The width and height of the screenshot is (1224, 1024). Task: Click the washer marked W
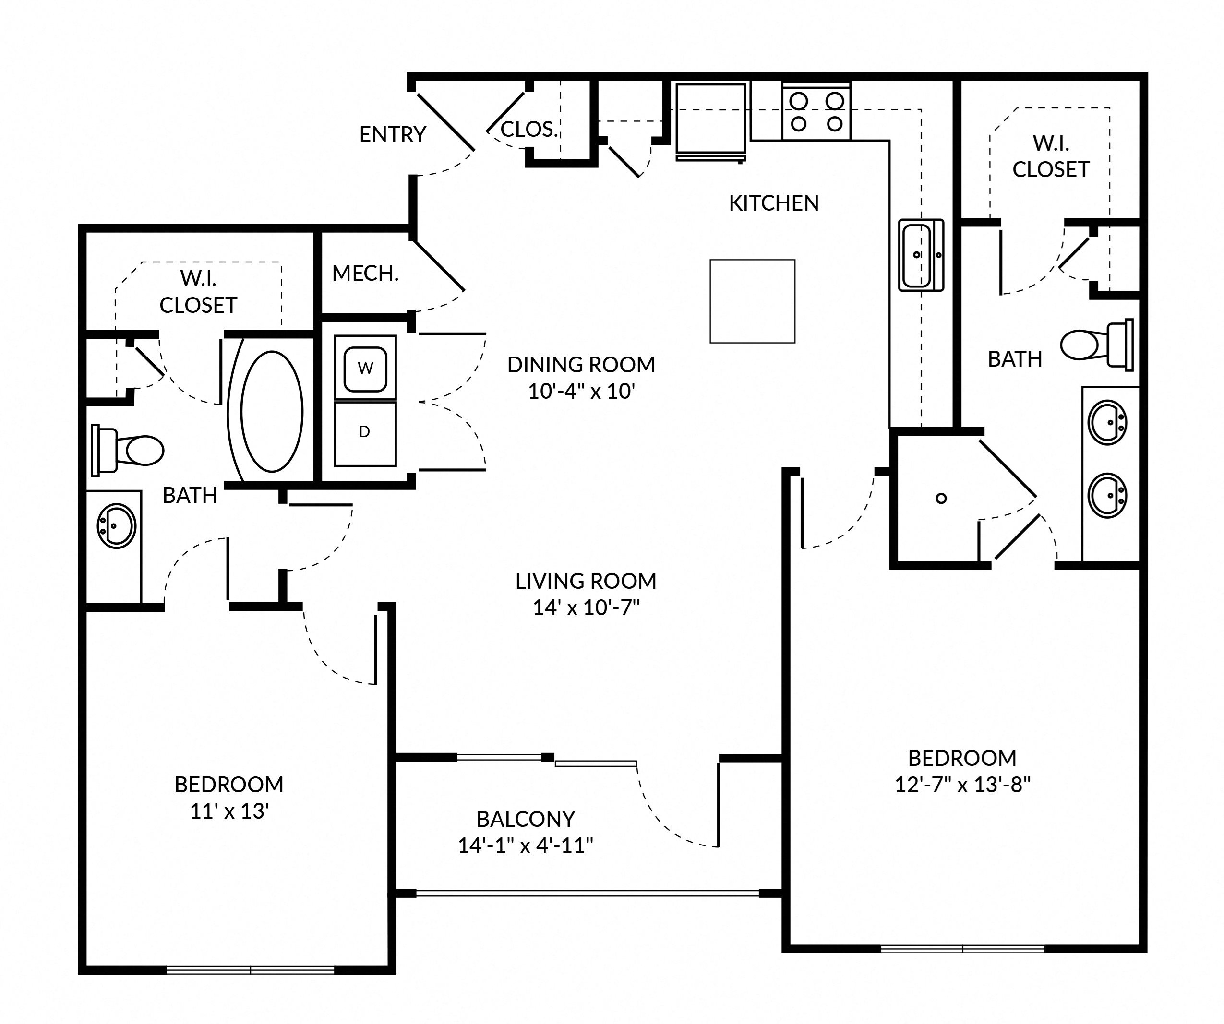tap(365, 369)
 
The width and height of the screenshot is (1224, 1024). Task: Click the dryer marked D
tap(365, 433)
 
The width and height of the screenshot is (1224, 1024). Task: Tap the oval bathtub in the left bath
tap(272, 411)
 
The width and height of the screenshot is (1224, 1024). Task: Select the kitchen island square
tap(752, 301)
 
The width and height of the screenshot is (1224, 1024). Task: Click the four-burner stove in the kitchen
tap(816, 111)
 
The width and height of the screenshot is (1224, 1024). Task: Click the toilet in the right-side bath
tap(1096, 345)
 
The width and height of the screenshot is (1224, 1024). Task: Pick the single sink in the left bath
tap(116, 526)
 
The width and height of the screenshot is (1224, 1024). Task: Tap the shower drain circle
tap(941, 498)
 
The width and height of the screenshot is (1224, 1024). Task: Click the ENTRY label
tap(392, 135)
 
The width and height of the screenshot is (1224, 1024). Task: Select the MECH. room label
tap(365, 273)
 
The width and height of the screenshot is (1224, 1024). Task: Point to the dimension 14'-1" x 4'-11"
tap(525, 845)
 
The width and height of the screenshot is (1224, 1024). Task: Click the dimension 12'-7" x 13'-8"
tap(962, 785)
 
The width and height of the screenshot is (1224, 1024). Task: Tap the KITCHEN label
tap(773, 203)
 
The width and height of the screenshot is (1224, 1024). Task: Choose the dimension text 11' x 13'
tap(228, 811)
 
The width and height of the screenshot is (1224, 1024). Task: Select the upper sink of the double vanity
tap(1106, 422)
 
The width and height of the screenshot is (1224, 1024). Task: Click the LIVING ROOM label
tap(585, 581)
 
